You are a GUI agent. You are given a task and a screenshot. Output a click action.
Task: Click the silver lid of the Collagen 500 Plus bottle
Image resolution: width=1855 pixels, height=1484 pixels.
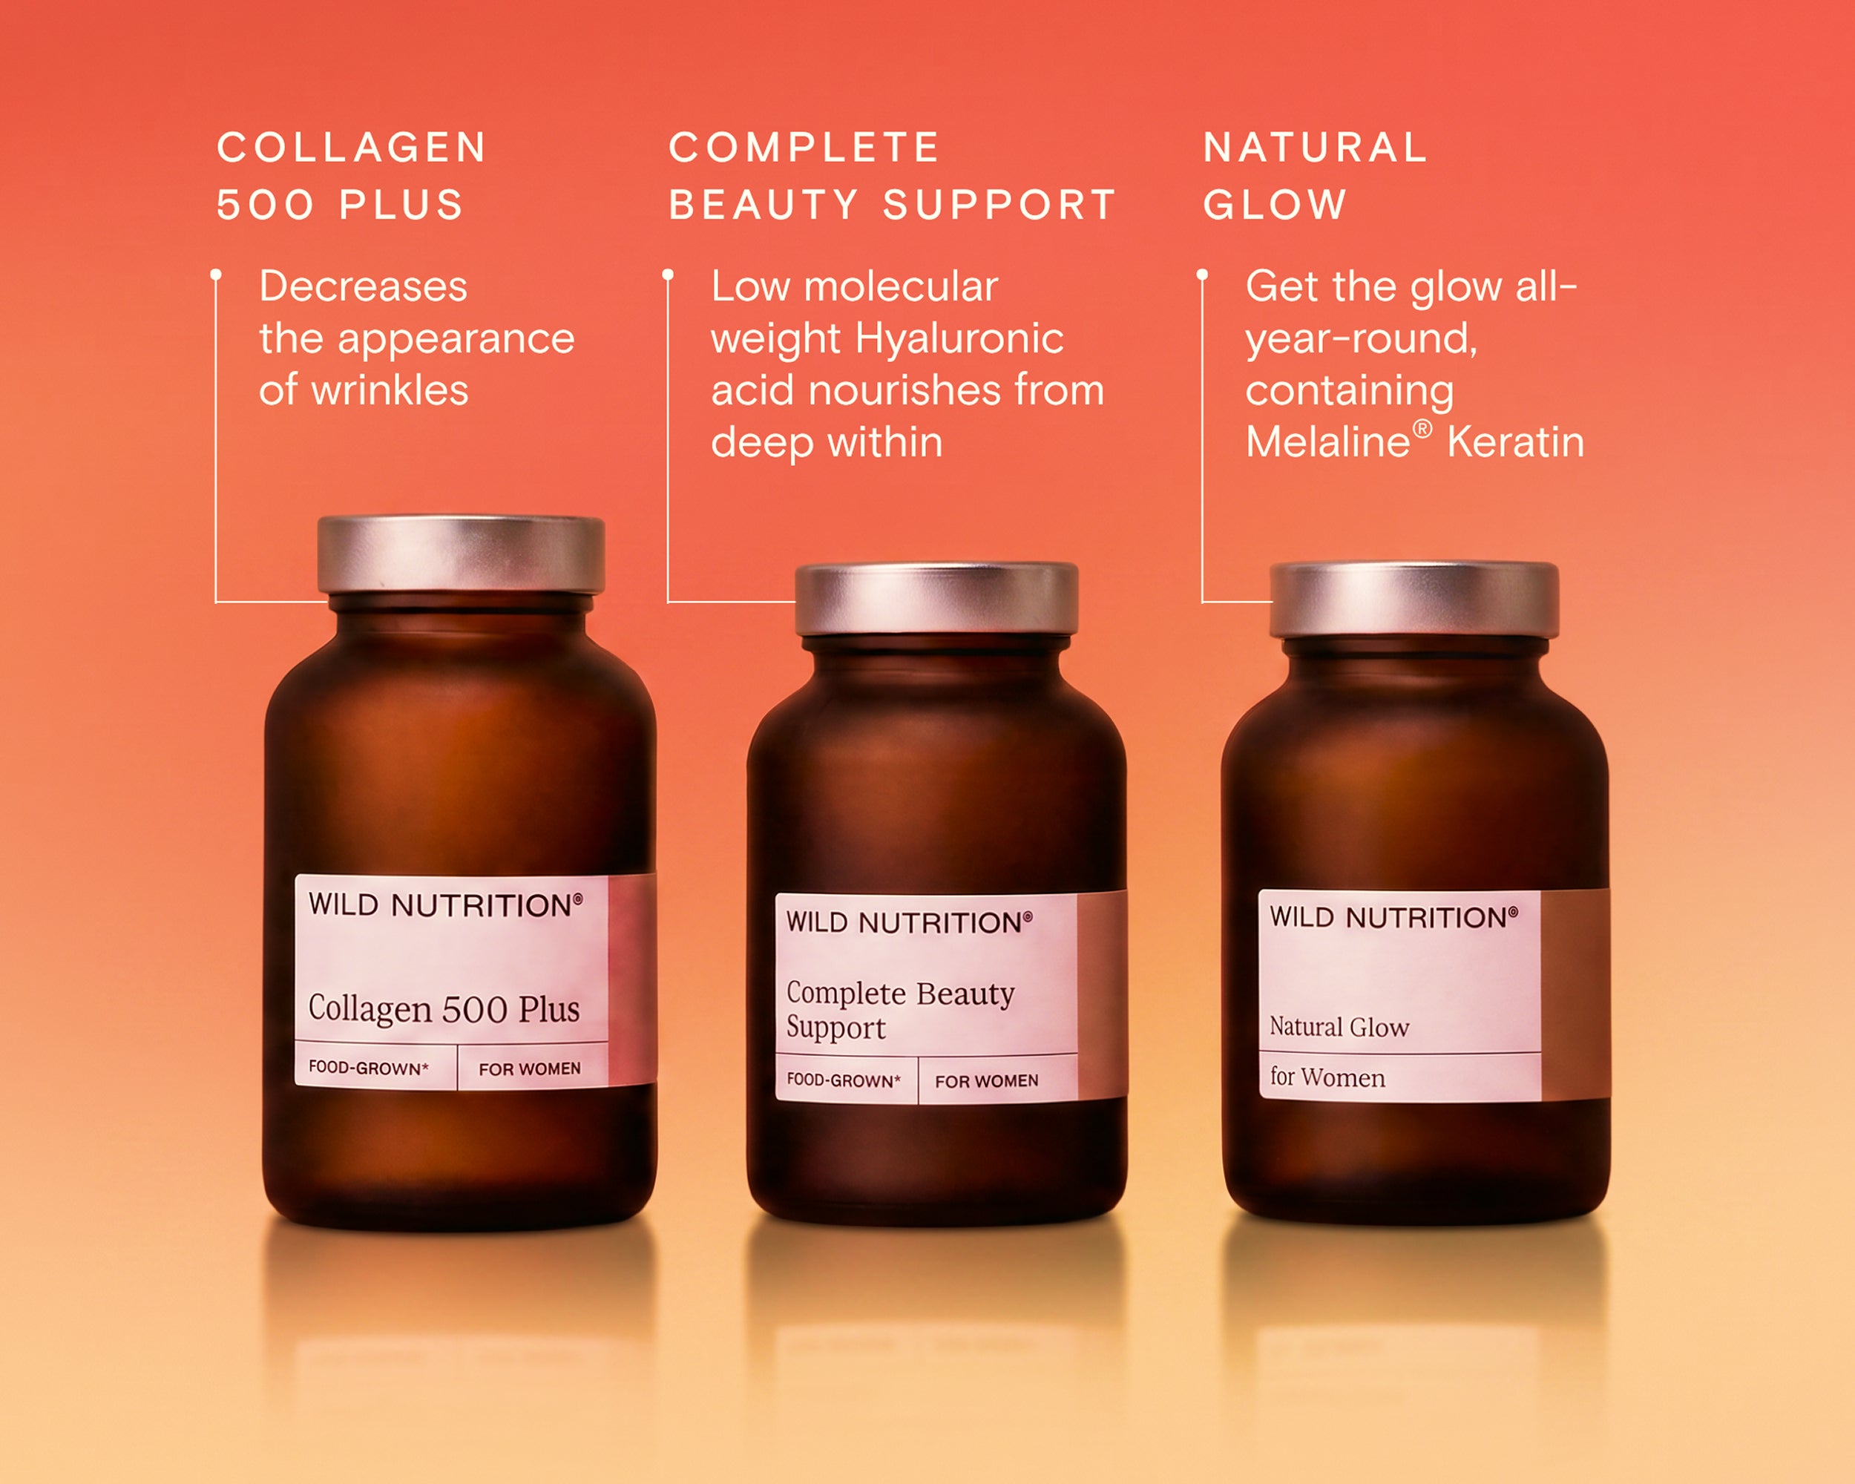(x=462, y=555)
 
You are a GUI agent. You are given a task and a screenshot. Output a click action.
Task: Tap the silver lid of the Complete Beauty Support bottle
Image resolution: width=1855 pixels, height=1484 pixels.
(x=936, y=600)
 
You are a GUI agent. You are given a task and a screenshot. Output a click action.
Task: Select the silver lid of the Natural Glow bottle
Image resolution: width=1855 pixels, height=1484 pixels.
(x=1414, y=600)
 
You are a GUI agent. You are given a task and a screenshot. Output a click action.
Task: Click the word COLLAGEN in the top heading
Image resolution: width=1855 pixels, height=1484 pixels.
(x=351, y=147)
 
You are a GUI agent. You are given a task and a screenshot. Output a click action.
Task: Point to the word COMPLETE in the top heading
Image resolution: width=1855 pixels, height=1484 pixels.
(x=804, y=147)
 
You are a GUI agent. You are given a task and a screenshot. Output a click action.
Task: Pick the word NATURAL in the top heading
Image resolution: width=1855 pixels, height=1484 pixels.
(x=1316, y=147)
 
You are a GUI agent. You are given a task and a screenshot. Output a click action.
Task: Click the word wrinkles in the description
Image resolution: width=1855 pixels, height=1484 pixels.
(x=390, y=390)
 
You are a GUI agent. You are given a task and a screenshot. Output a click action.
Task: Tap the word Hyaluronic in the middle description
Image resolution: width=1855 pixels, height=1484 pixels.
(x=959, y=339)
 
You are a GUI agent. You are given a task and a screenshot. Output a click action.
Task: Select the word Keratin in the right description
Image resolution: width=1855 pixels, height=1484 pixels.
(x=1515, y=442)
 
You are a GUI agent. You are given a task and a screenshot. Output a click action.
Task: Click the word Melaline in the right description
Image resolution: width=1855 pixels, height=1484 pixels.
(x=1327, y=442)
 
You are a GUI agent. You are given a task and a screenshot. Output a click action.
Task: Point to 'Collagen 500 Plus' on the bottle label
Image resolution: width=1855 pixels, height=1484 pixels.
(x=444, y=1009)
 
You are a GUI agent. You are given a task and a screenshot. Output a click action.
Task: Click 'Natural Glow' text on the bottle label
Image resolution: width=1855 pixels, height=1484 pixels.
(x=1339, y=1027)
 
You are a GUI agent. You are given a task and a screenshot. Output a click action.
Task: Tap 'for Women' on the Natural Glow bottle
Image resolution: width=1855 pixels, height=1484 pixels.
(x=1327, y=1077)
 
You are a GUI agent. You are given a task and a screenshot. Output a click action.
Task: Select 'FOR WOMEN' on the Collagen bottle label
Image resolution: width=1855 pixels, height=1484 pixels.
(x=530, y=1069)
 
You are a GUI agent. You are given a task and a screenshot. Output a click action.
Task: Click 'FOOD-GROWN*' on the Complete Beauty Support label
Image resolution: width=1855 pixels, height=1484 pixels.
(x=843, y=1080)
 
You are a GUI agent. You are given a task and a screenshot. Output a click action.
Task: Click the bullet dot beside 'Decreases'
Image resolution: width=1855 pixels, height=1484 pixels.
(x=216, y=275)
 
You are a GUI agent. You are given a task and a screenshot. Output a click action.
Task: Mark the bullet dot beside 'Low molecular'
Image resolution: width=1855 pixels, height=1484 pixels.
(x=668, y=275)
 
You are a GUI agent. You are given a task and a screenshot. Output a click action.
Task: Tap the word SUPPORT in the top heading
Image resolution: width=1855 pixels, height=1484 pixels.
(x=999, y=205)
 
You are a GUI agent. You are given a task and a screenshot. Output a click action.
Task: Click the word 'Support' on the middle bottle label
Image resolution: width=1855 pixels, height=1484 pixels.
(x=835, y=1029)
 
